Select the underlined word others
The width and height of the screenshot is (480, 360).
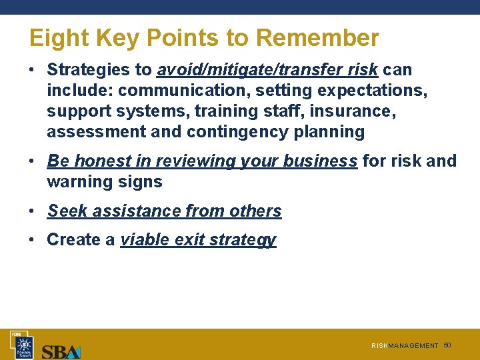coord(255,211)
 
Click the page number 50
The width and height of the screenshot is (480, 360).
coord(447,345)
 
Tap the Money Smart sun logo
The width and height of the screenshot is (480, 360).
coord(25,345)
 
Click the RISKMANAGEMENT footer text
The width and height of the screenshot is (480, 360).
coord(405,346)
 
